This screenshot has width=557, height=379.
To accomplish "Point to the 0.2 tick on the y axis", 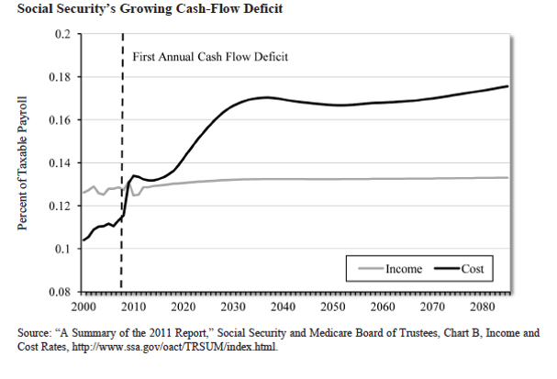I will coord(62,34).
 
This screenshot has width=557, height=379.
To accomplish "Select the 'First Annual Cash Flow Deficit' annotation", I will coord(211,57).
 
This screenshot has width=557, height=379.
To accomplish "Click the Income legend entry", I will coord(386,269).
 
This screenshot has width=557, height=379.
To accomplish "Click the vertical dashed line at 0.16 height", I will coord(122,120).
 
